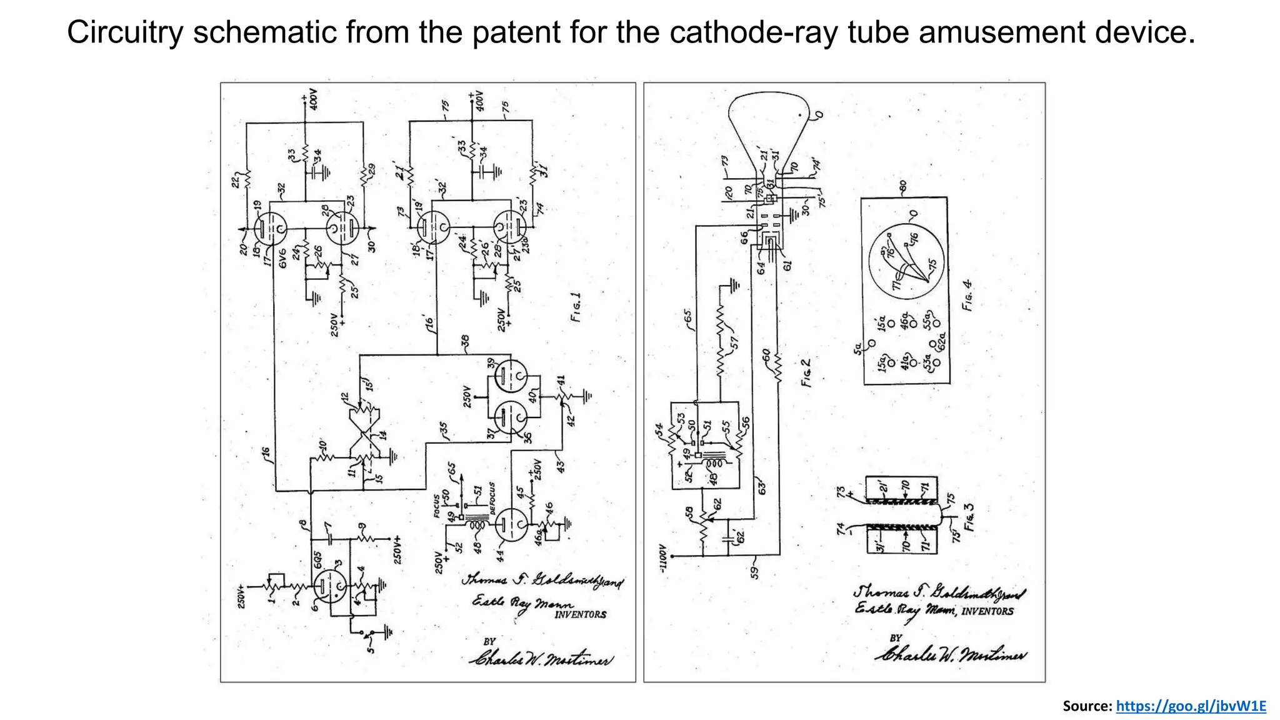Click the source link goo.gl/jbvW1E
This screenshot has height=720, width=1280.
click(1191, 706)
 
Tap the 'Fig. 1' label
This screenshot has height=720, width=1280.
click(576, 307)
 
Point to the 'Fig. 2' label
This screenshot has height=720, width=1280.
click(806, 372)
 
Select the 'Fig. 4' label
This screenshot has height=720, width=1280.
click(967, 296)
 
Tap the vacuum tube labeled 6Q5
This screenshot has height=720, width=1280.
click(329, 587)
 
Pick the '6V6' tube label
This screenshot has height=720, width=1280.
click(282, 258)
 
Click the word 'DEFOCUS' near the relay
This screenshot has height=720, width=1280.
click(492, 498)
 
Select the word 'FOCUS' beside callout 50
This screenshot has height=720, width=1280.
click(437, 506)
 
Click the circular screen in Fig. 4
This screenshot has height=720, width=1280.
click(904, 262)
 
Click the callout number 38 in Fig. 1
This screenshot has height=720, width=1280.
click(465, 341)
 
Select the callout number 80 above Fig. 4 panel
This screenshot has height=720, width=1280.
click(902, 187)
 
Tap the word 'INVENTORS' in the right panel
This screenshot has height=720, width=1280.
click(987, 611)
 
